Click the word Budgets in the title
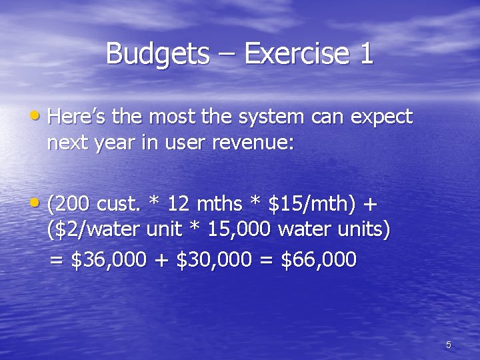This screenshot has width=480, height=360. point(157,54)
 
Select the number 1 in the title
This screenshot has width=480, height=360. point(366,54)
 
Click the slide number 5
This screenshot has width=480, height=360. point(449,345)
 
